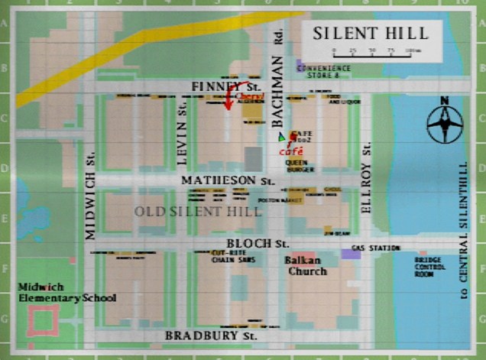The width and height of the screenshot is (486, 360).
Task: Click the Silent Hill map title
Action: (370, 34)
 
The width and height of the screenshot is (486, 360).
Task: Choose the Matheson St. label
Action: (227, 180)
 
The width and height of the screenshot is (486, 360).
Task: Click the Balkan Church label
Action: (306, 266)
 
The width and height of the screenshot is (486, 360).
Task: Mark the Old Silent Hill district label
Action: (188, 210)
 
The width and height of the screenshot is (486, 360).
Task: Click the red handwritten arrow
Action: (228, 99)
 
